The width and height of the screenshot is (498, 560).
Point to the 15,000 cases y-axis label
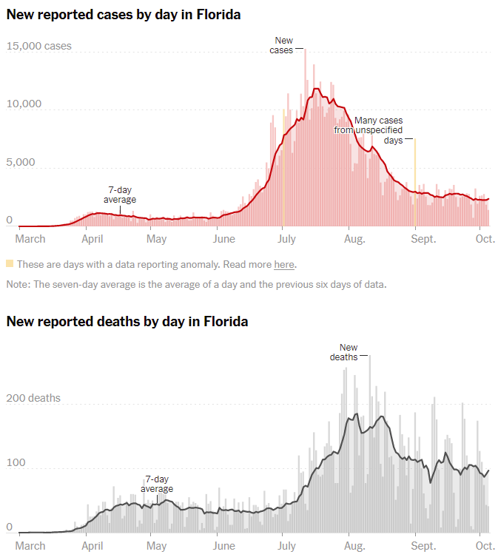coord(39,46)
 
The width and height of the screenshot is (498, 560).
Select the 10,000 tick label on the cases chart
coord(24,104)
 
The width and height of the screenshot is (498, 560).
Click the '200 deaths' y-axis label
coord(34,398)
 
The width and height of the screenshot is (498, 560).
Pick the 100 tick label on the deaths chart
coord(16,463)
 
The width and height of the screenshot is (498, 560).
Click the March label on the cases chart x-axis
coord(31,239)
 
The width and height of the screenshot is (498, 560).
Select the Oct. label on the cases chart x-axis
coord(485,239)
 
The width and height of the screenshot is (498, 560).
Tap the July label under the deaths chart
coord(286,546)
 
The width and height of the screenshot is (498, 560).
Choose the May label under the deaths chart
coord(157,546)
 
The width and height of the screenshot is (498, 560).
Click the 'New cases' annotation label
coord(283,45)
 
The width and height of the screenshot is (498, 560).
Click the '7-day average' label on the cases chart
coord(120,195)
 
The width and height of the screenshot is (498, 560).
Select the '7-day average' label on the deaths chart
coord(157,484)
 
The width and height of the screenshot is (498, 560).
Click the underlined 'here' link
coord(283,264)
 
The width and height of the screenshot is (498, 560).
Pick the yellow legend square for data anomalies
coord(10,264)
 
